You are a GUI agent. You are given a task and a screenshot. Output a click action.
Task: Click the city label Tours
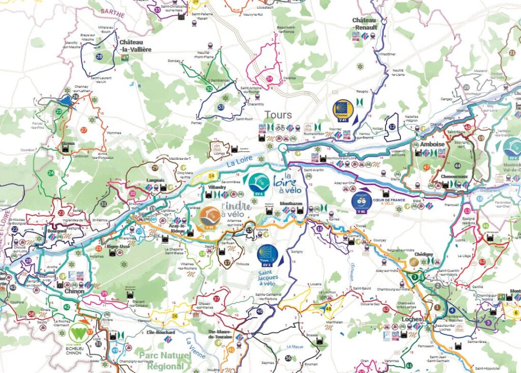pyautogui.click(x=278, y=114)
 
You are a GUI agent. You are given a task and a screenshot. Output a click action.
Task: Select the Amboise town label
pyautogui.click(x=432, y=144)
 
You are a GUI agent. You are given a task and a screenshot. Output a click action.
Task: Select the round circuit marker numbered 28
pyautogui.click(x=99, y=57)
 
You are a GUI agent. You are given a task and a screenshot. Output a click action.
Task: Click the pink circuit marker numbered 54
pyautogui.click(x=269, y=78)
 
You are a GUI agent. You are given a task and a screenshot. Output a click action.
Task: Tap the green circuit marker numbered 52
pyautogui.click(x=209, y=89)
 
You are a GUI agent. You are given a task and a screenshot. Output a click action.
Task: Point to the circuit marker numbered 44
pyautogui.click(x=457, y=166)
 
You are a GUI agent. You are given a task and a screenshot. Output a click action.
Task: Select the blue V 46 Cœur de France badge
pyautogui.click(x=362, y=201)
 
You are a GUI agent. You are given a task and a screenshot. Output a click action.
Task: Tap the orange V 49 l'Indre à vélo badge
pyautogui.click(x=210, y=217)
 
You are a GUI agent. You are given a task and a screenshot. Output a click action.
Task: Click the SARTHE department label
pyautogui.click(x=112, y=13)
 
